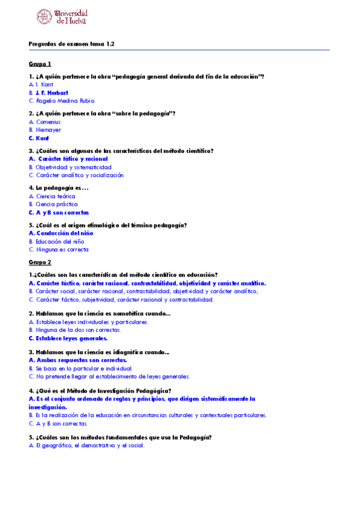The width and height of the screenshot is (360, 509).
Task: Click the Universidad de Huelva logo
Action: tap(62, 17)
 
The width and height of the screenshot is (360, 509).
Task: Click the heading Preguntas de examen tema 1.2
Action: tap(71, 44)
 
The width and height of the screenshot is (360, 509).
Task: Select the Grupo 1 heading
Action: tap(40, 64)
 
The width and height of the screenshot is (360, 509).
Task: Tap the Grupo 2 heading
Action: tap(40, 262)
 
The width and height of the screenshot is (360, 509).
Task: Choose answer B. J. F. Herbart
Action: tap(49, 93)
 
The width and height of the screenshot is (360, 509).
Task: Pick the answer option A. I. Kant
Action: tap(41, 85)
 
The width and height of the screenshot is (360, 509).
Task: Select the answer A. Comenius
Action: tap(44, 122)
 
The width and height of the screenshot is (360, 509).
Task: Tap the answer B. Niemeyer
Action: tap(45, 130)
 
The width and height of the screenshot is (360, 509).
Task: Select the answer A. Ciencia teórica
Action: tap(52, 196)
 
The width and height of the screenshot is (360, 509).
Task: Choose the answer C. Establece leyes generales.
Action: tap(68, 338)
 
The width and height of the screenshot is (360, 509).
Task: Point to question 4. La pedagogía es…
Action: tap(59, 188)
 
